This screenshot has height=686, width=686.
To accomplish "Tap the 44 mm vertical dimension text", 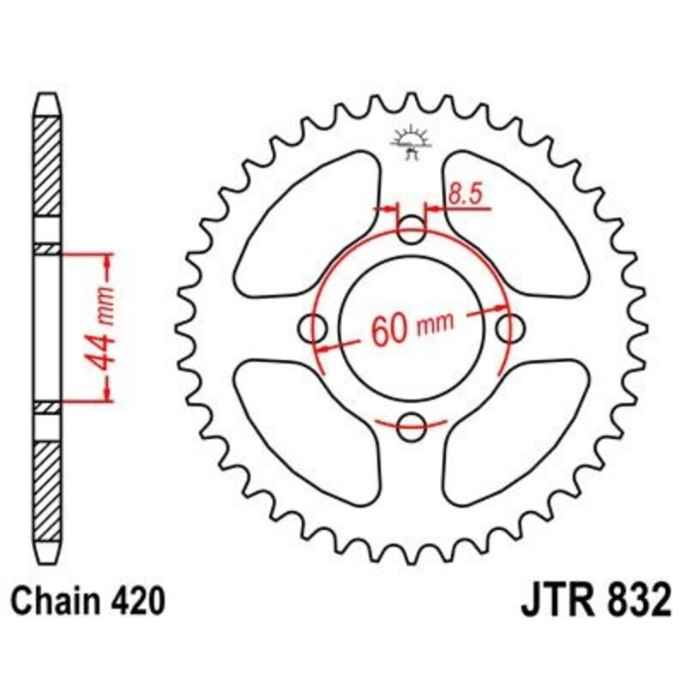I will [105, 327].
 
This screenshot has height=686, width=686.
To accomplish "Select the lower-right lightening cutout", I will [514, 429].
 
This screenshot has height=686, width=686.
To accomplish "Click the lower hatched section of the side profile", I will [48, 480].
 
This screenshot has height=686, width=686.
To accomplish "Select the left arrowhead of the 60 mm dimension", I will [323, 347].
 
